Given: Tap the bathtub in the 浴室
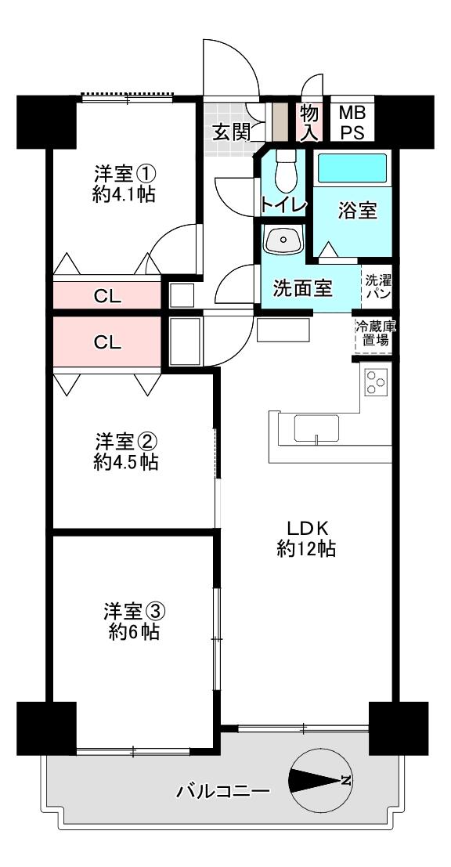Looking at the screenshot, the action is coord(352,168).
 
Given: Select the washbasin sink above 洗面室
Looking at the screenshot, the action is coord(284,240).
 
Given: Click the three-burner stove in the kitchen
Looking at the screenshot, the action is coord(377,382).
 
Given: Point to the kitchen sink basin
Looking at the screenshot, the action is coord(316,428).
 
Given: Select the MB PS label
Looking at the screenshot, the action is coord(352,123).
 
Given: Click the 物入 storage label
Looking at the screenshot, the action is coord(309,123).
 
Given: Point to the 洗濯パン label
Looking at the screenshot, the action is coord(377,286).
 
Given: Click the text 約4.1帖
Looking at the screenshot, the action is coord(124,194).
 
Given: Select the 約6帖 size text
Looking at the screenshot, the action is coord(134,631).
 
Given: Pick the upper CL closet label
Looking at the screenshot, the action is coord(107,296).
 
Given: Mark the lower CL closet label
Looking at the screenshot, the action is coord(107,342).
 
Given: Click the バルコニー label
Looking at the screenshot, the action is coord(223,791).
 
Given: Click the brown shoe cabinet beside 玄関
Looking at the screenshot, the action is coord(281,121).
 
